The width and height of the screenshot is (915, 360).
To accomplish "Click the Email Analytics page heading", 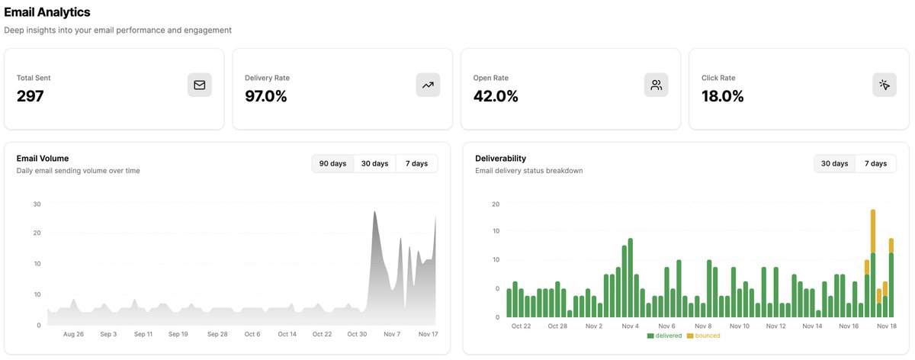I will (47, 12).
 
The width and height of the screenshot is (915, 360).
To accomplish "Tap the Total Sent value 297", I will (30, 96).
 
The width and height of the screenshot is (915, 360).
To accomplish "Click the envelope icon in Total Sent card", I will (200, 85).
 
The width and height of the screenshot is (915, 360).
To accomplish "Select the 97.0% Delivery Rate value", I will (266, 96).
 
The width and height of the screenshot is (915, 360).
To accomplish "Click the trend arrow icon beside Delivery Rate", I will (428, 85).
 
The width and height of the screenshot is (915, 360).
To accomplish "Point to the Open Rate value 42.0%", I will (496, 96).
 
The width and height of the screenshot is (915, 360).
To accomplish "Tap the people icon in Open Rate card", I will (656, 85).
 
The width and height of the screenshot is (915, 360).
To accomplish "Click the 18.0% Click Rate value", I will (723, 96).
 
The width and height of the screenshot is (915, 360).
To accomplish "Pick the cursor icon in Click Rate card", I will (884, 85).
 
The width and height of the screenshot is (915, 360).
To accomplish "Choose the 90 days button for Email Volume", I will (332, 163).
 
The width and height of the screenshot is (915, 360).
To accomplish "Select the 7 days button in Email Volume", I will (416, 163).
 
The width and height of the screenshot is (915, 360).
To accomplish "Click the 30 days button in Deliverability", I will (834, 163).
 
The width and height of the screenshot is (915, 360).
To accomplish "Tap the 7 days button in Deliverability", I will (875, 163).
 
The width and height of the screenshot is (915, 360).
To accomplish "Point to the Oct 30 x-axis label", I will (357, 334).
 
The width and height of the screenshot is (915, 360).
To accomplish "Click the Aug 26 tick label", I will (73, 334).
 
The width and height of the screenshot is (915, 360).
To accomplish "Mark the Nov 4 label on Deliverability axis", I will (630, 326).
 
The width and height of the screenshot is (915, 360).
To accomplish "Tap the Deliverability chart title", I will (500, 158).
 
